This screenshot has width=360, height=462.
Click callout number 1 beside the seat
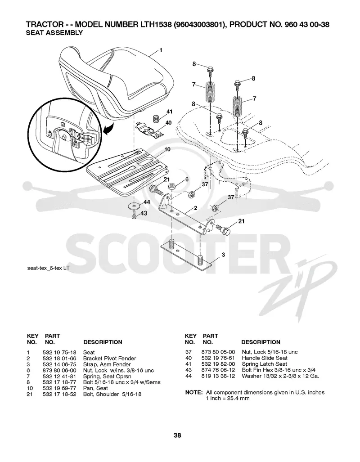161,50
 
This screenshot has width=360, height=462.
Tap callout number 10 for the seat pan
167,149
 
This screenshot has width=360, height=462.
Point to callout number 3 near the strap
224,255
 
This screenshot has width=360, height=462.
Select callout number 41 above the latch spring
169,112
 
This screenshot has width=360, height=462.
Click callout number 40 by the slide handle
168,122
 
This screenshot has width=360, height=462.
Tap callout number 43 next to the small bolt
144,213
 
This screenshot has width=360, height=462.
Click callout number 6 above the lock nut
187,179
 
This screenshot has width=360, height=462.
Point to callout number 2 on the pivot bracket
196,208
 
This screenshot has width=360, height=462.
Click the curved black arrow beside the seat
108,129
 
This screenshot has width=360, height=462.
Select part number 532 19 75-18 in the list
59,352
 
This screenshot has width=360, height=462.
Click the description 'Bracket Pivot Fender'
110,358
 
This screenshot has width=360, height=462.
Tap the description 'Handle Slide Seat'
265,358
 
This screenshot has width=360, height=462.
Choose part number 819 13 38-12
218,376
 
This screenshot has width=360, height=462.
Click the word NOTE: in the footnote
194,392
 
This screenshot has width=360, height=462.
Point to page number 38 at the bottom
177,435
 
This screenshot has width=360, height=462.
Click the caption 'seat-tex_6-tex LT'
48,268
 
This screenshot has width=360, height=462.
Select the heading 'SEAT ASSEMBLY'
54,33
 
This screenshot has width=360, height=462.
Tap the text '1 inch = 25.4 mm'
228,399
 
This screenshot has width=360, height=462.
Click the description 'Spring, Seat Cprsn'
107,376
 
